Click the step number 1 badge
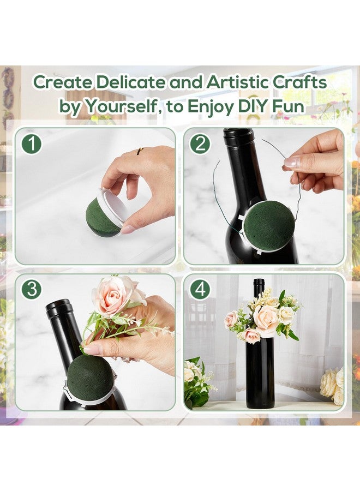[x=33, y=144]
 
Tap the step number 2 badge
[x=201, y=144]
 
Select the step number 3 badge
[x=33, y=289]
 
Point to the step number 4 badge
[x=201, y=289]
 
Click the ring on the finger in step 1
[x=141, y=150]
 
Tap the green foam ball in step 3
[x=91, y=379]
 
